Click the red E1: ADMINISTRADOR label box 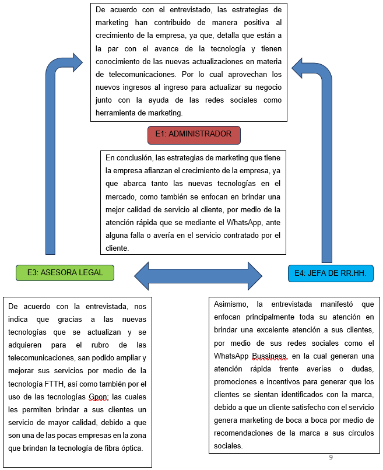(x=194, y=134)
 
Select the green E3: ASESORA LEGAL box (x=65, y=272)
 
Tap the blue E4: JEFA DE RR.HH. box (x=329, y=273)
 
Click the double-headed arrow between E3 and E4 (x=198, y=273)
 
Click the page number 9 (x=331, y=457)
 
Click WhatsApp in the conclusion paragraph (x=245, y=222)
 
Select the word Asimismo (x=231, y=304)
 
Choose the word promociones (x=237, y=381)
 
